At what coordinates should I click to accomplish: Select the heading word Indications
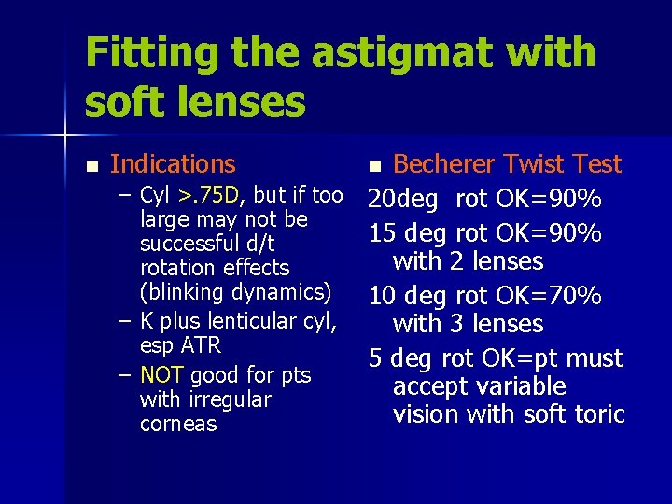tap(173, 164)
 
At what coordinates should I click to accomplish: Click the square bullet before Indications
tap(91, 166)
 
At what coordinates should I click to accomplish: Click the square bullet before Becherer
tap(374, 166)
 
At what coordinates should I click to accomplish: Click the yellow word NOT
tap(161, 375)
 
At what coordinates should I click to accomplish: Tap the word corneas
tap(177, 424)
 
